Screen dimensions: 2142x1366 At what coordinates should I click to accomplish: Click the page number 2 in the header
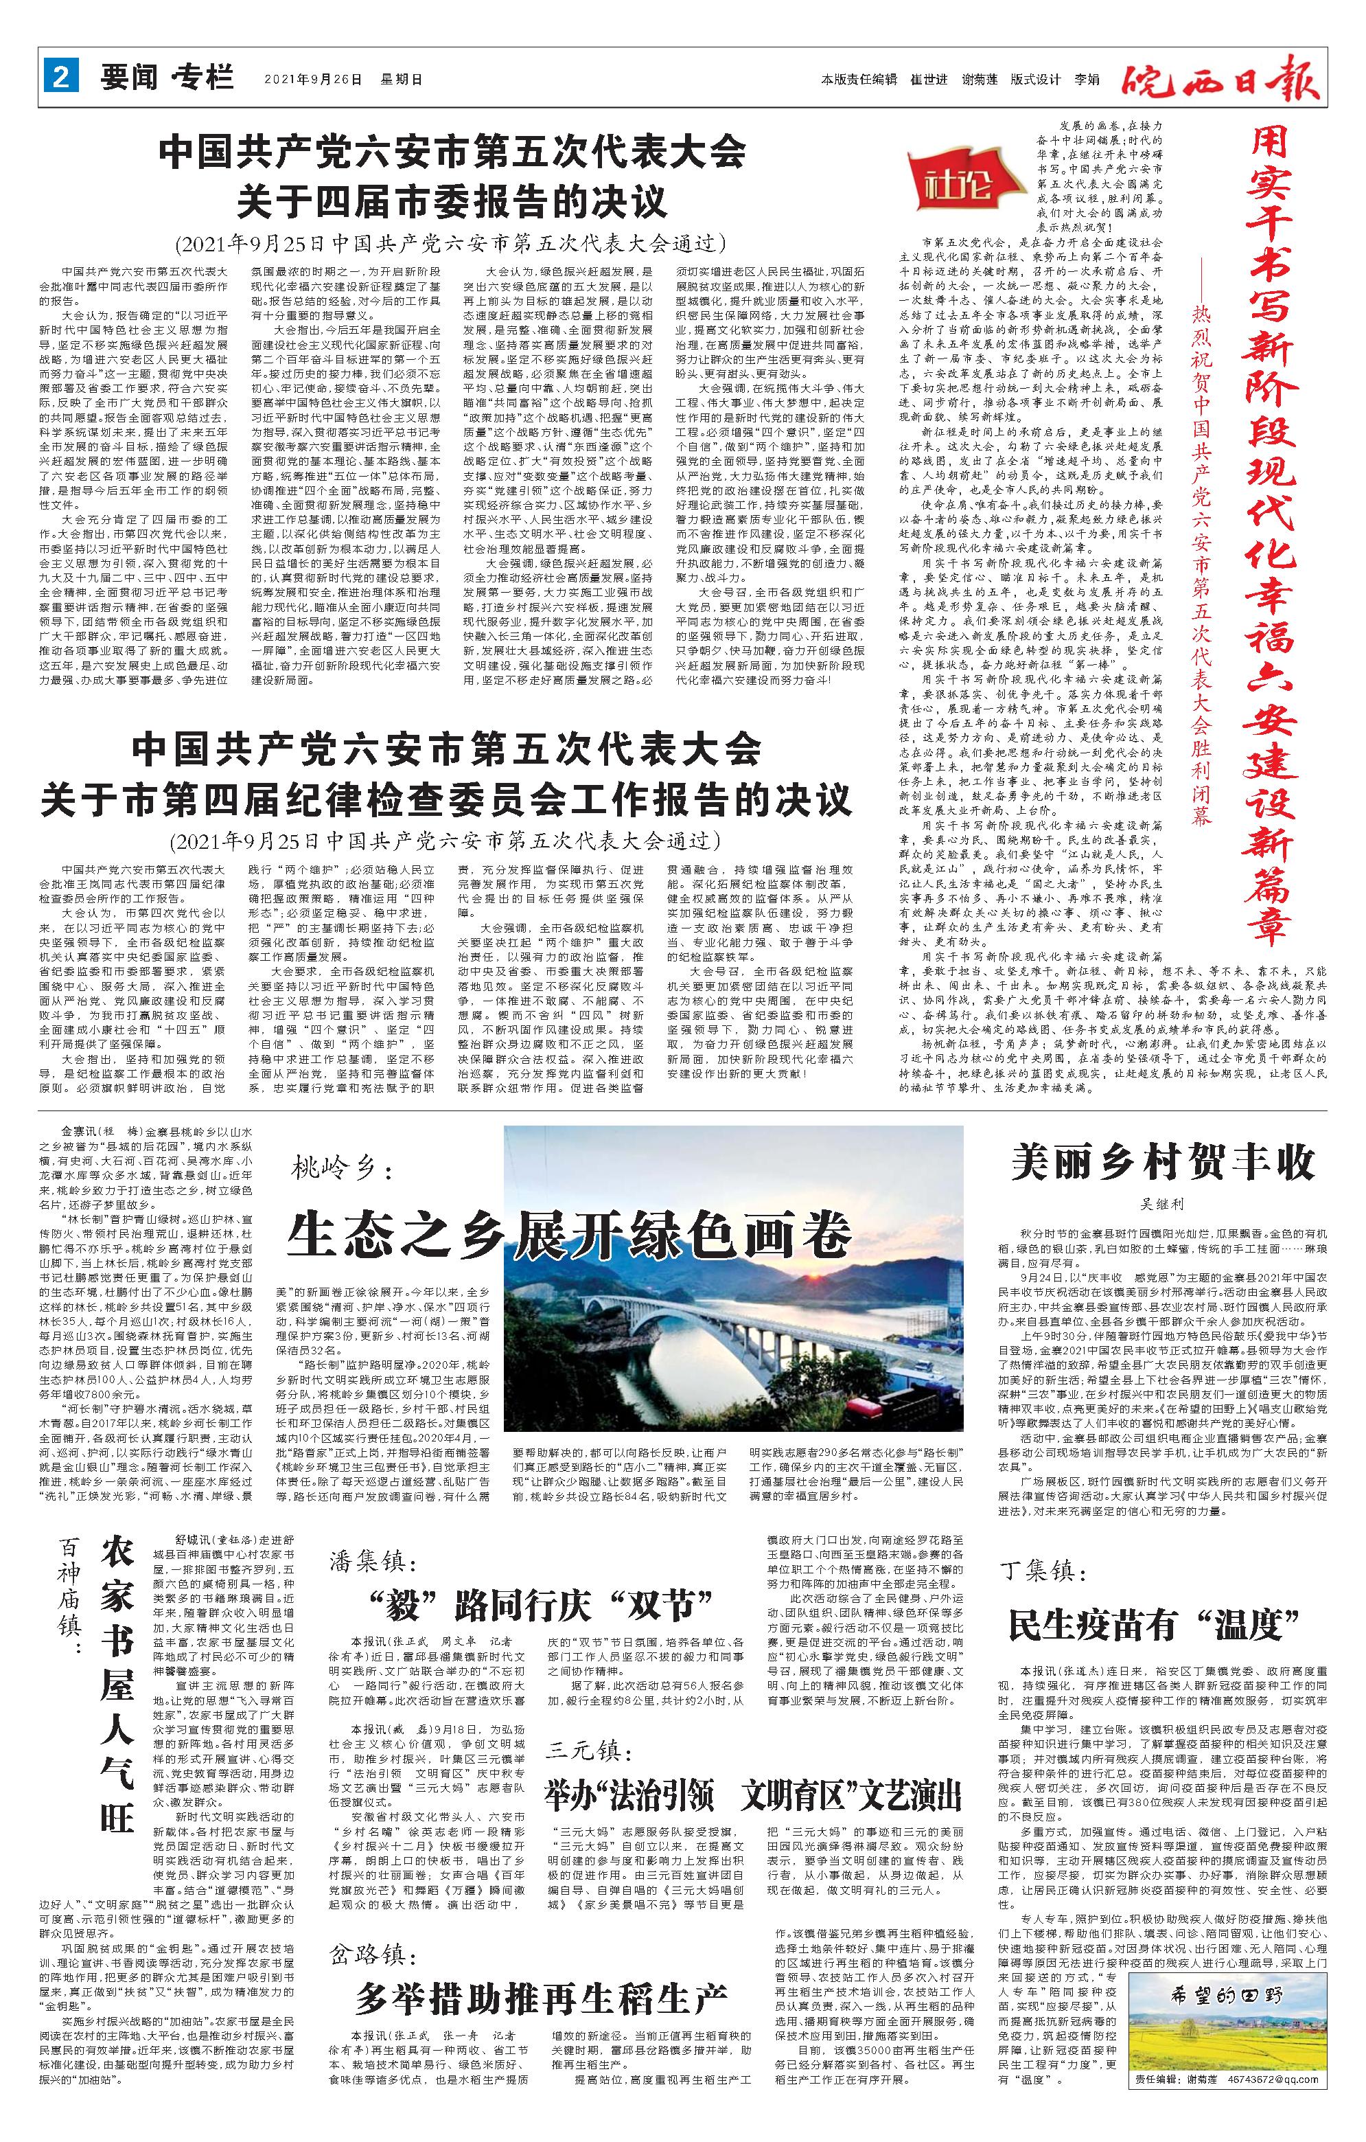60,78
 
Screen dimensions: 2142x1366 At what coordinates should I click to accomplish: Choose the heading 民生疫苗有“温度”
1161,1624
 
